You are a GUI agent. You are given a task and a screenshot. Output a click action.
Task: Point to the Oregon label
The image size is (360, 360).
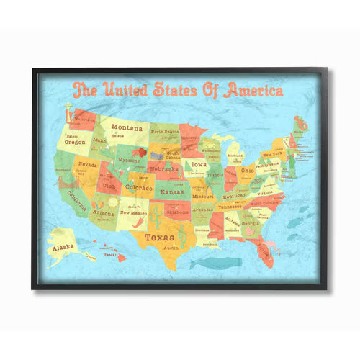[75, 142]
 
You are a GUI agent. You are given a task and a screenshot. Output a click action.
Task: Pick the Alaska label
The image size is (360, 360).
[63, 246]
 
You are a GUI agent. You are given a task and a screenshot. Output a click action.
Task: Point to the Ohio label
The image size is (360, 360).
[246, 171]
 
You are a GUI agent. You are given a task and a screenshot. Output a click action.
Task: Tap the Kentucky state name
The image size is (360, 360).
[235, 196]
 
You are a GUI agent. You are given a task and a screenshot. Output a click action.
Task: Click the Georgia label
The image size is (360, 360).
[251, 223]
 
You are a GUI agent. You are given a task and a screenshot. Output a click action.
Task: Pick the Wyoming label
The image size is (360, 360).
[130, 161]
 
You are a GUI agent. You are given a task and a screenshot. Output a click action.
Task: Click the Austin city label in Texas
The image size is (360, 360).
[171, 248]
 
